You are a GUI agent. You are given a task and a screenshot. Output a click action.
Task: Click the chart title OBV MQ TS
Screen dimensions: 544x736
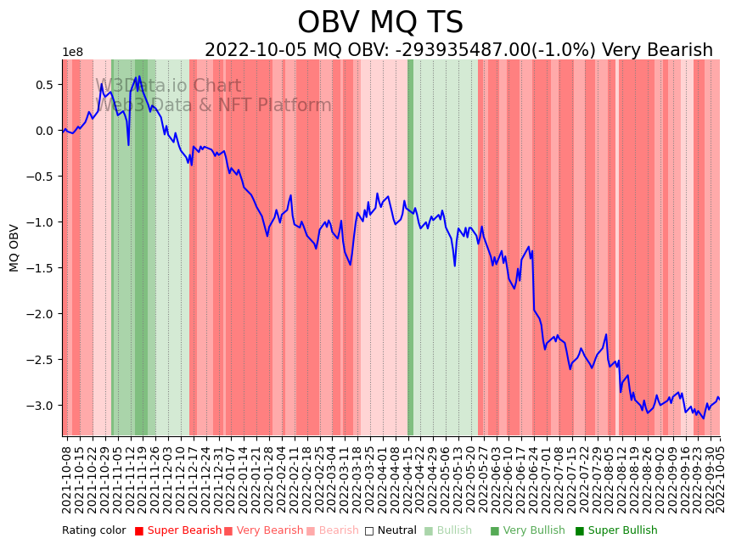tap(379, 23)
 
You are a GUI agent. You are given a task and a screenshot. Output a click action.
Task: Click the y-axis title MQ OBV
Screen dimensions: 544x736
tap(14, 248)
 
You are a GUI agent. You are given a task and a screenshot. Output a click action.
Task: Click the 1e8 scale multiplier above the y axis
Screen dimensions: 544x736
tap(72, 53)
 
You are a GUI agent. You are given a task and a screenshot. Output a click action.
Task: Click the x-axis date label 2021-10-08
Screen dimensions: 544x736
tap(66, 475)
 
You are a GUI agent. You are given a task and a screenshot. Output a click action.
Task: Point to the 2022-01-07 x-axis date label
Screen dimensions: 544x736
tap(230, 475)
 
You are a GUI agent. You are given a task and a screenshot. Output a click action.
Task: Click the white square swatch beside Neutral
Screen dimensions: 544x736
tap(369, 531)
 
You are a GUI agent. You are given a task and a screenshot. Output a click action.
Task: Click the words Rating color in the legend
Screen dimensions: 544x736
tap(93, 530)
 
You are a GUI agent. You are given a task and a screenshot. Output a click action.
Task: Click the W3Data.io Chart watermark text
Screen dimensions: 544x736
tap(168, 87)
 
